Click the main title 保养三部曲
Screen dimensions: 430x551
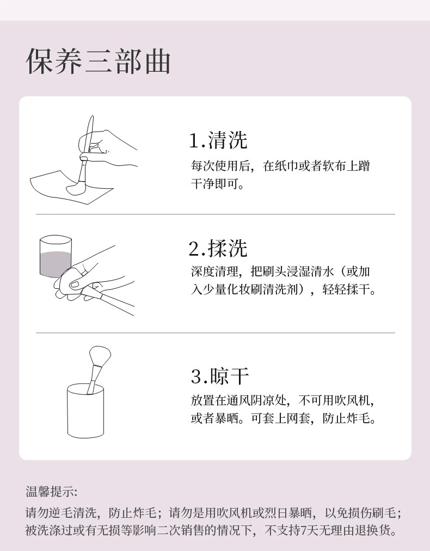tap(99, 61)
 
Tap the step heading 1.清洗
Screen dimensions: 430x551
tap(218, 140)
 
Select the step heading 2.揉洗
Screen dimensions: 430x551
tap(218, 248)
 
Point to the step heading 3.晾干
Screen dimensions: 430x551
tap(220, 376)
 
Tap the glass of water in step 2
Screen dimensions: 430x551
tap(56, 256)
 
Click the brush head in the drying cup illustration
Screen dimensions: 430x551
tap(100, 356)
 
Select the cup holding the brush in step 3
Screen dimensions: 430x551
tap(85, 411)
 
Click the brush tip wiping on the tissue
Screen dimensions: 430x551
tap(74, 189)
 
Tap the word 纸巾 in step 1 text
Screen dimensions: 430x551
tap(281, 166)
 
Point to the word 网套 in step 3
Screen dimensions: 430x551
tap(298, 418)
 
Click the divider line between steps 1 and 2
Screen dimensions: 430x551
tap(215, 214)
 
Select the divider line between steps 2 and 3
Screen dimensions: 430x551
tap(215, 332)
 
